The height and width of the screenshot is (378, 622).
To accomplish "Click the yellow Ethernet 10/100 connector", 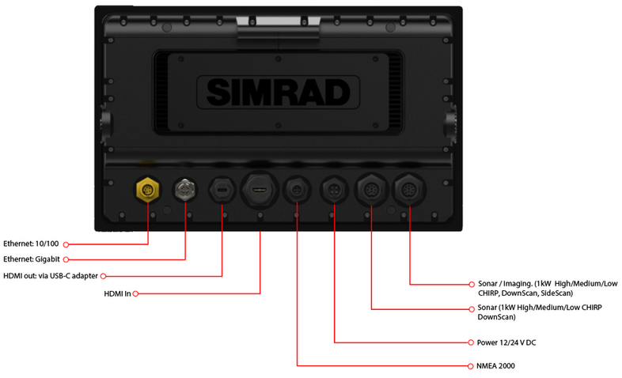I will (148, 189).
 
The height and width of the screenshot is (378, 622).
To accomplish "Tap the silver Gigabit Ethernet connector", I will (185, 190).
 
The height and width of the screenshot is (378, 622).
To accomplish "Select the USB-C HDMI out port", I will (222, 191).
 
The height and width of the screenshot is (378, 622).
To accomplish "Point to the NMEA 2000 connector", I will (297, 191).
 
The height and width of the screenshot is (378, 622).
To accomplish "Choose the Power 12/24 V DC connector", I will (334, 191).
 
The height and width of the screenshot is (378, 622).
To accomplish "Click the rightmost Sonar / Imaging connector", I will (410, 191).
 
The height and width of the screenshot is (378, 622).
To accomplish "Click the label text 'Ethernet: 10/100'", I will (32, 244).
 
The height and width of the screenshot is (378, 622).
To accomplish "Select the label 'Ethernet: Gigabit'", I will (32, 259).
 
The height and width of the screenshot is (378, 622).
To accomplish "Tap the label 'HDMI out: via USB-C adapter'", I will (50, 275).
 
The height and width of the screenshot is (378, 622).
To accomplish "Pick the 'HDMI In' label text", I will (118, 293).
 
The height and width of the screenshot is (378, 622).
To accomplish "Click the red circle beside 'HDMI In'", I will (137, 293).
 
